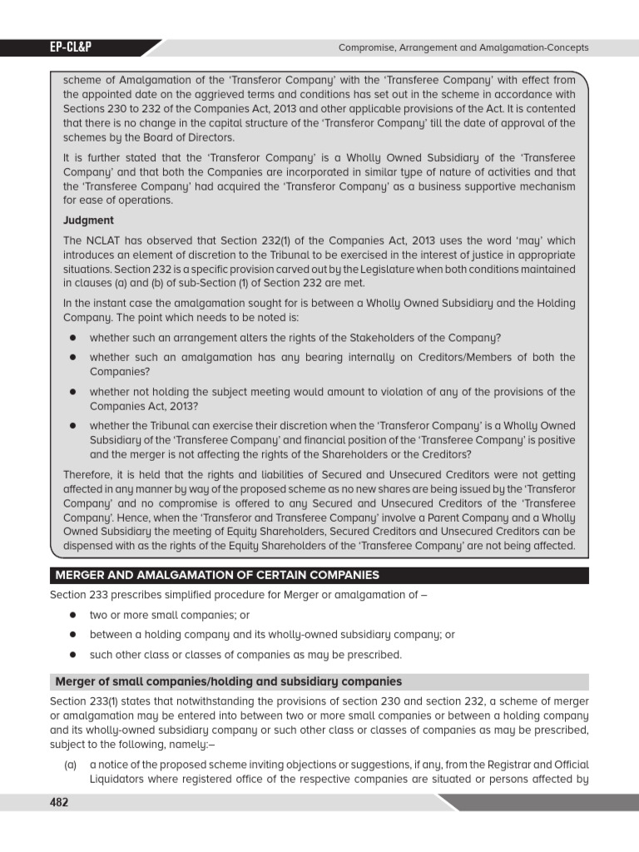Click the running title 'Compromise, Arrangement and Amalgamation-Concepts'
click(x=463, y=47)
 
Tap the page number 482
click(x=58, y=802)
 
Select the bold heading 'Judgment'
click(x=88, y=220)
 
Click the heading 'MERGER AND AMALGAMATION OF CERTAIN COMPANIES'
click(x=217, y=575)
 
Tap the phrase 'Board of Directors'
click(x=190, y=137)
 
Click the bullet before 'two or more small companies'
click(x=73, y=616)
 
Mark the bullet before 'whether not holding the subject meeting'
click(x=73, y=392)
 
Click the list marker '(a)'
click(x=71, y=765)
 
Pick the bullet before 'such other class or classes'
click(x=73, y=654)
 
